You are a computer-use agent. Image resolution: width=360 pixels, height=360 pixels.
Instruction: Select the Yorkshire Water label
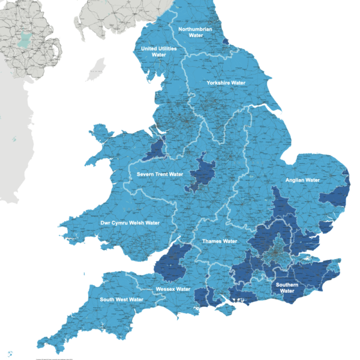226,83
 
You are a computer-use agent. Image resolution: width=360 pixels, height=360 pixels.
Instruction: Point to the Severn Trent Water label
159,175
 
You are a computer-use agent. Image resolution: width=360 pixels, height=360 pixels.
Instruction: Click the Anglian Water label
304,180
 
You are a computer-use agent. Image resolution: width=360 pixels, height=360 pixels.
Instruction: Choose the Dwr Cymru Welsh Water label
130,223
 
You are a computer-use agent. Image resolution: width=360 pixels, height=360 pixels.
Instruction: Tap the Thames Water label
220,241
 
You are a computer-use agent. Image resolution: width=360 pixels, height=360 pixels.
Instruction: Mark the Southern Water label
287,287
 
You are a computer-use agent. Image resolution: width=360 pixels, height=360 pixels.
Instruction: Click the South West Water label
122,299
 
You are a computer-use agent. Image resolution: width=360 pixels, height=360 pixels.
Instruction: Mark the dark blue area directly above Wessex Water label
176,262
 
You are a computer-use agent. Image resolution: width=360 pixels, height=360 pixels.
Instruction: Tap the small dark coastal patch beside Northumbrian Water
226,41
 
